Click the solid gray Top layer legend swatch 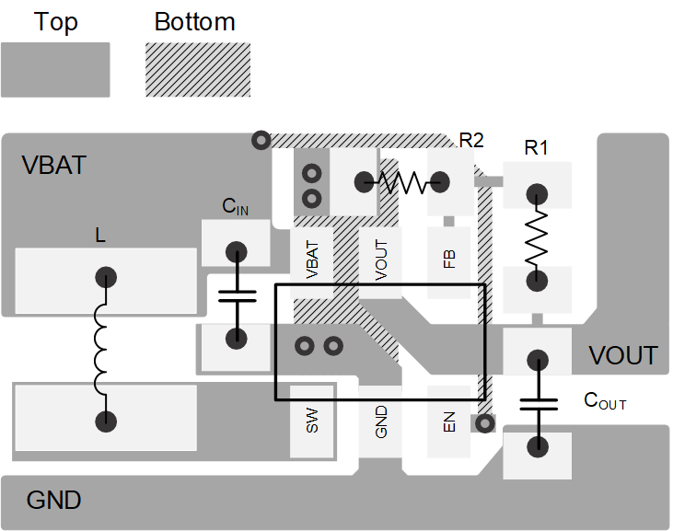click(55, 69)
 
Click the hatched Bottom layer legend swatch click(197, 69)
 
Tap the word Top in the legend click(55, 22)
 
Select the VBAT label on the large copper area click(53, 166)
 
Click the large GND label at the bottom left click(53, 501)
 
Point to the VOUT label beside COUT click(623, 356)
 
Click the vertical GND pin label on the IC click(381, 422)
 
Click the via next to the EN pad click(482, 423)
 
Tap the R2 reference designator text click(471, 141)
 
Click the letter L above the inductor click(100, 237)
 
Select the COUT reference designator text click(605, 401)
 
